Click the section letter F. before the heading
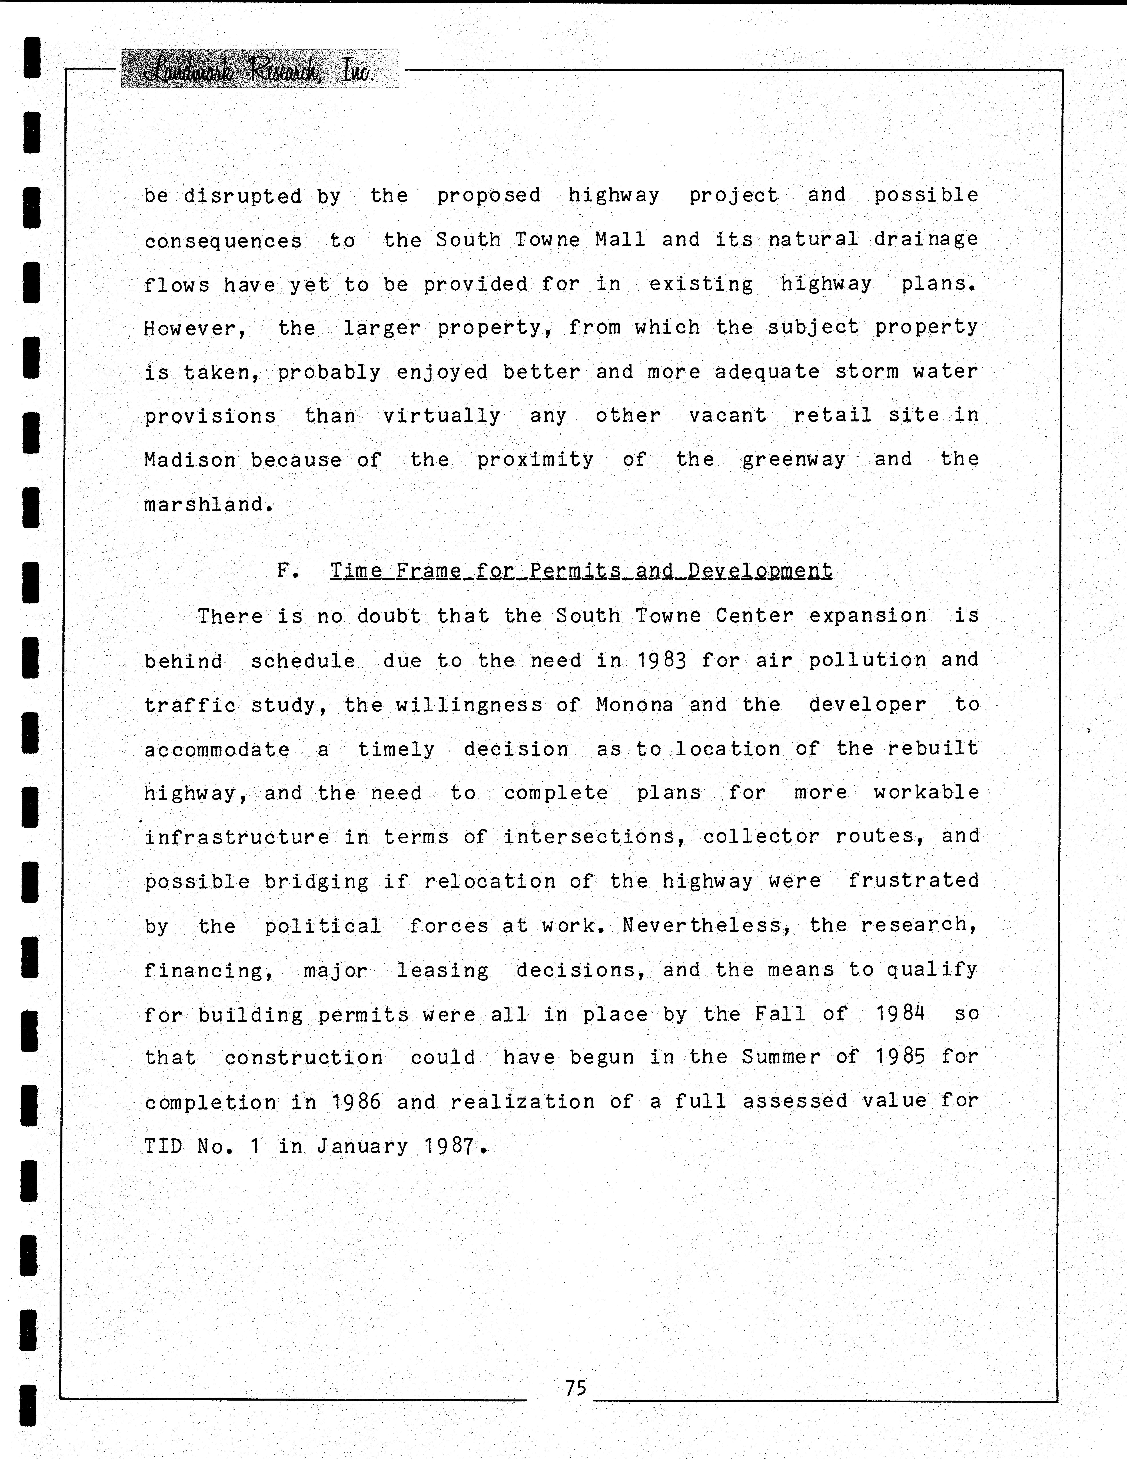287,571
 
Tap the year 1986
356,1102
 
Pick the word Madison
190,460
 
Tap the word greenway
794,460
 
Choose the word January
362,1146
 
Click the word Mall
620,240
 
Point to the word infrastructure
236,837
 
